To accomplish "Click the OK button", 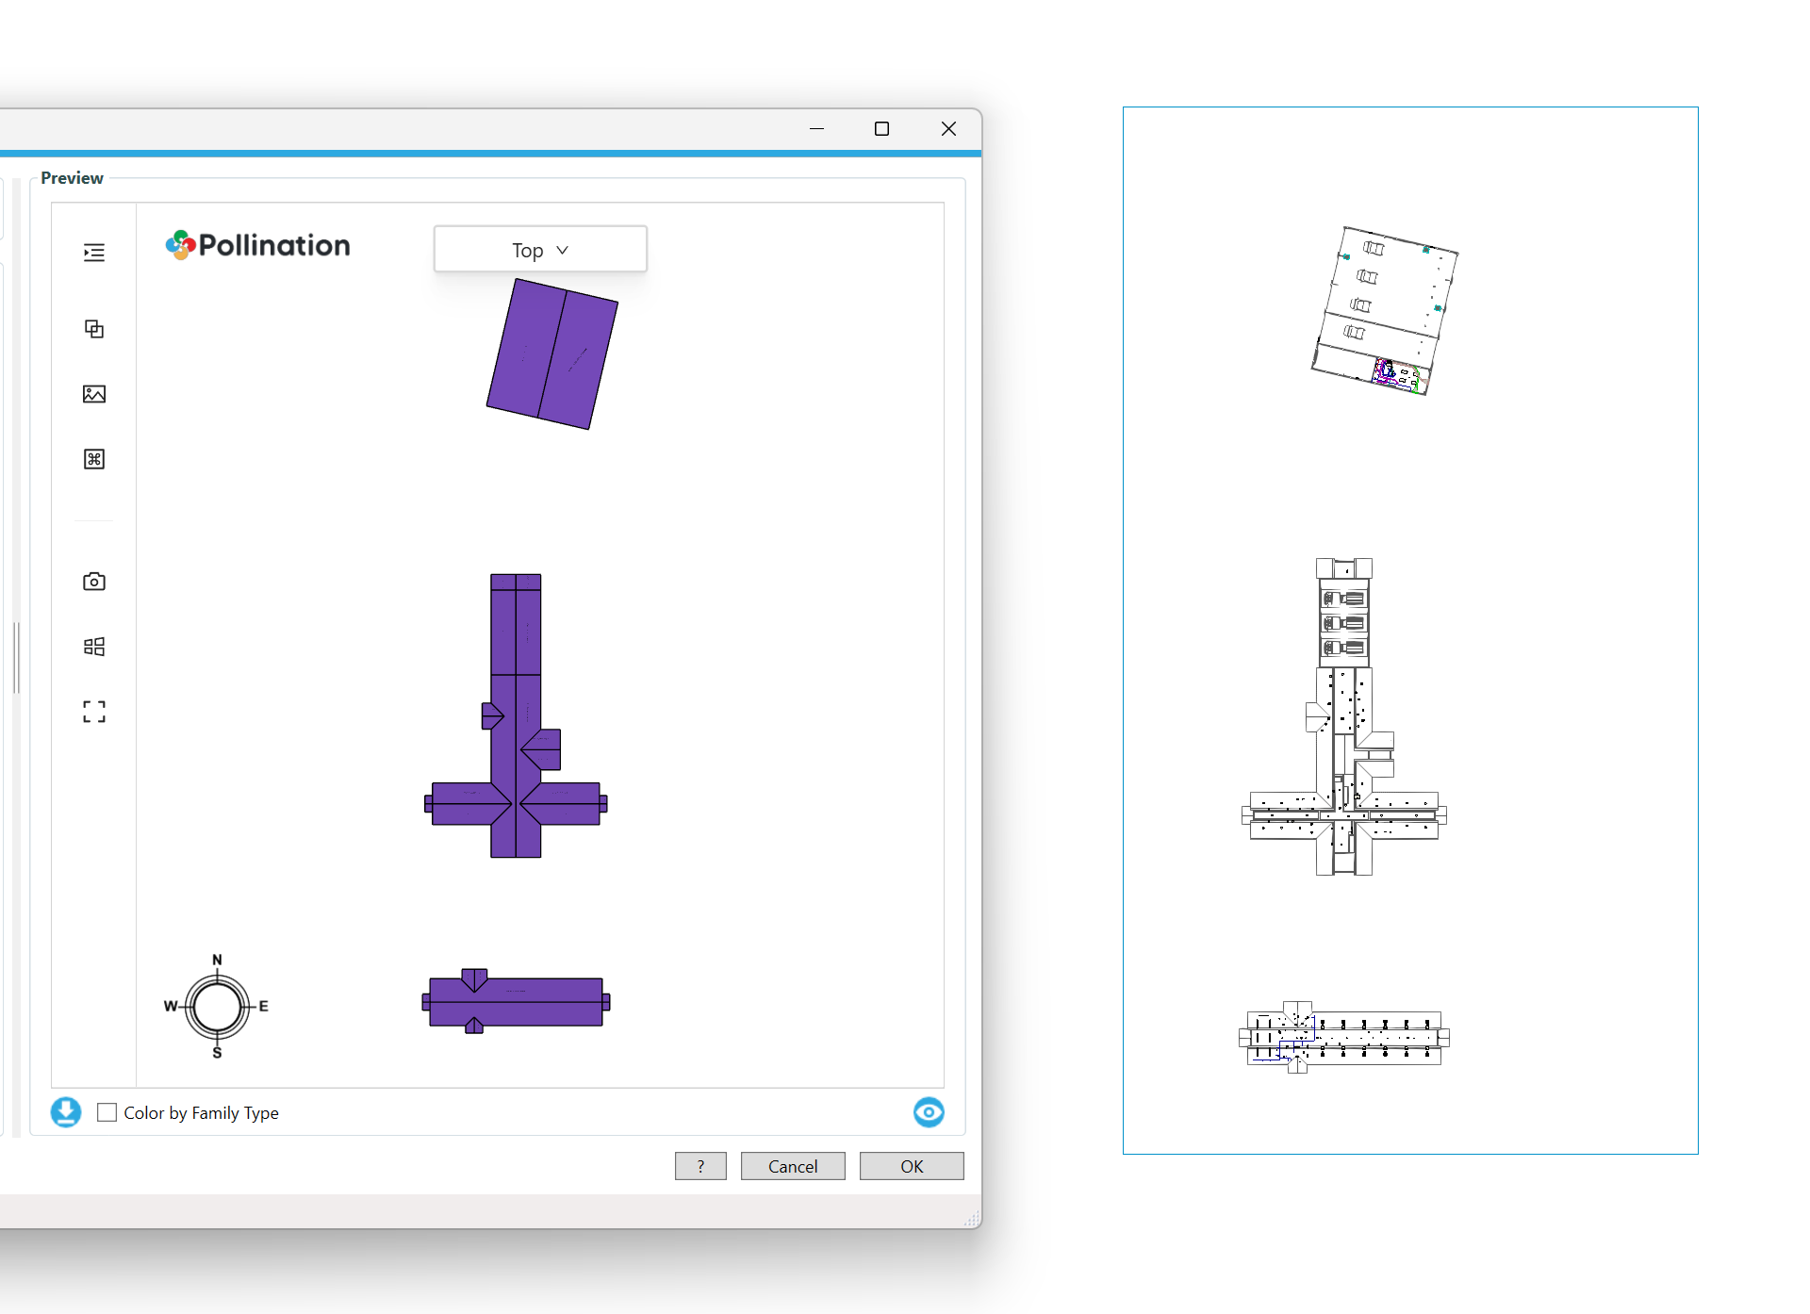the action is [911, 1166].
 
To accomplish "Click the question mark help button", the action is [700, 1166].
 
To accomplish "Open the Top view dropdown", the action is [540, 250].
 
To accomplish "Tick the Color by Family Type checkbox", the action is [107, 1112].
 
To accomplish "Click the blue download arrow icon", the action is [66, 1112].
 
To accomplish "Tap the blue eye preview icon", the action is [929, 1112].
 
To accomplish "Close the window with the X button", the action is [948, 128].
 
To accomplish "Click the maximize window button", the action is [881, 128].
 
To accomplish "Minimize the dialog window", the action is [816, 128].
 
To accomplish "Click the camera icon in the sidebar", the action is [94, 581].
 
